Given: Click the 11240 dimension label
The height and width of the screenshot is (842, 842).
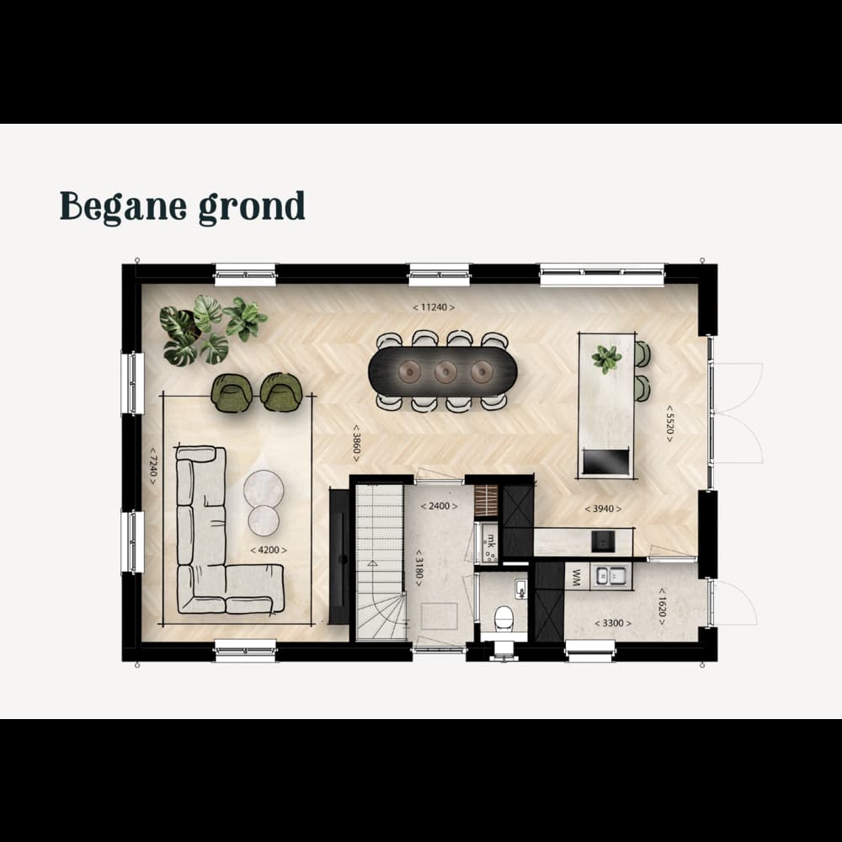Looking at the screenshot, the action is tap(434, 307).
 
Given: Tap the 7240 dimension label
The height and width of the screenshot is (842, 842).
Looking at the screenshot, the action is tap(153, 466).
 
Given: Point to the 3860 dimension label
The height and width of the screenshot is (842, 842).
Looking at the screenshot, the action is tap(356, 444).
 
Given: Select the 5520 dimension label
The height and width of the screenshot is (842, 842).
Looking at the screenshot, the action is tap(669, 424).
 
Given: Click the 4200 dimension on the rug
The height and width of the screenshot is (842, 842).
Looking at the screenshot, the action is tap(269, 550).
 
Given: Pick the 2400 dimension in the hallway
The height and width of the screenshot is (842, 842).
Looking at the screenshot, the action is tap(440, 506).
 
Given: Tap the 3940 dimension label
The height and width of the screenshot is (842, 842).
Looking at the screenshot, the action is tap(603, 509).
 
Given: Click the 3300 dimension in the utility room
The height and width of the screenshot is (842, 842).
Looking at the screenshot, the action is tap(613, 623).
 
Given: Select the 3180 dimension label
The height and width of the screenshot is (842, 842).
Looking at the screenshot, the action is tap(419, 568).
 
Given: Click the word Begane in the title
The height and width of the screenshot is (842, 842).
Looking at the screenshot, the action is tap(124, 207).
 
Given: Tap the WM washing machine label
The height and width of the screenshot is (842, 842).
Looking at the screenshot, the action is tap(577, 578).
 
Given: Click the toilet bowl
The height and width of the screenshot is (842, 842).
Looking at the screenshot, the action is tap(504, 617).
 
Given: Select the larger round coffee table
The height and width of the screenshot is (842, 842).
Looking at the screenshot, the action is tap(264, 488).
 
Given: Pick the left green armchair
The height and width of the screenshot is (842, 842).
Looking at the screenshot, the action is tap(232, 392).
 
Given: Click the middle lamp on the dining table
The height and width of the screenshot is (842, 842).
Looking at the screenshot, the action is tap(445, 371).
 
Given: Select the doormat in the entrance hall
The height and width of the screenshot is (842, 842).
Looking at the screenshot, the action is tap(440, 616).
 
